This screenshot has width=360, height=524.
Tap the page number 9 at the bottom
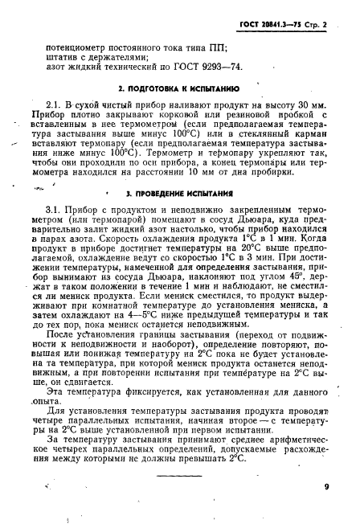(326, 485)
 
